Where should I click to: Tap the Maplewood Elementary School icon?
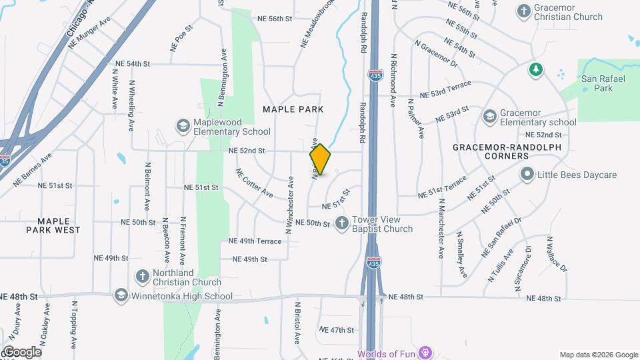[x=182, y=126]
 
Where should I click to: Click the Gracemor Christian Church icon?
[x=523, y=11]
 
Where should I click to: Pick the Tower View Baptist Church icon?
[x=341, y=223]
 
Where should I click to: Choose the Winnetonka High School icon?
[x=121, y=294]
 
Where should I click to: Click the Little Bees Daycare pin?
[x=527, y=175]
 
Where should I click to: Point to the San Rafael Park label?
[x=596, y=83]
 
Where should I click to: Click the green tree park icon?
[x=535, y=69]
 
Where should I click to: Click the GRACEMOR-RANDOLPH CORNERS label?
[x=507, y=151]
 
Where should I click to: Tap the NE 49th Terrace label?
[x=255, y=241]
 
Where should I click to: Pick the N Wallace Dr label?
[x=556, y=254]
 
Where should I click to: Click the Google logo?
[x=22, y=352]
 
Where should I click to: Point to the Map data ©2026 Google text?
[x=598, y=355]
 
